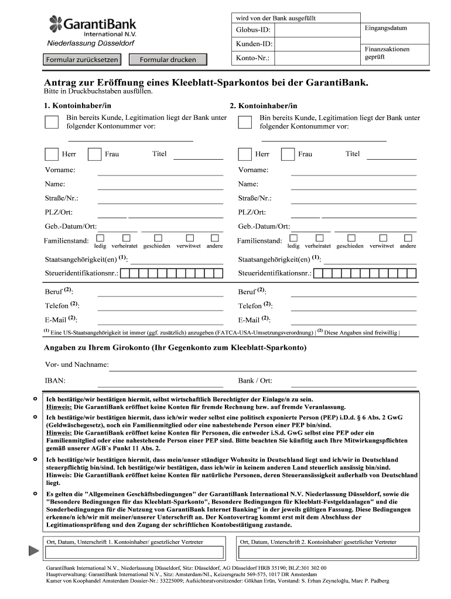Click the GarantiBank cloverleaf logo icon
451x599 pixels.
(56, 25)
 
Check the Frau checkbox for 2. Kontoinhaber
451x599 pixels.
(288, 154)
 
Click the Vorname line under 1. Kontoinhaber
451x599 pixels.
(160, 171)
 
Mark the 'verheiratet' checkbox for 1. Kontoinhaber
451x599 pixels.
(126, 237)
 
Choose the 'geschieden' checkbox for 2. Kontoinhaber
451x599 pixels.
(350, 237)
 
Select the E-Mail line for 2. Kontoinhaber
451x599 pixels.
(353, 320)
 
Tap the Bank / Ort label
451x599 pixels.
(255, 381)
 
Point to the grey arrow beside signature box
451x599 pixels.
(32, 550)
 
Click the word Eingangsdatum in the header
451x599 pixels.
(385, 28)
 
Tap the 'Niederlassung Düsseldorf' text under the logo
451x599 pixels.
(91, 44)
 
